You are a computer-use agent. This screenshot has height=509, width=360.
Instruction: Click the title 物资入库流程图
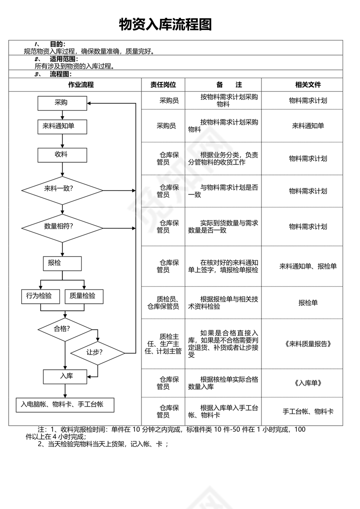pos(165,25)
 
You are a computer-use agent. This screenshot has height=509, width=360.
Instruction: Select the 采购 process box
pos(62,103)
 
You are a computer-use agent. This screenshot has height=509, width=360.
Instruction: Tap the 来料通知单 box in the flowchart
pos(62,126)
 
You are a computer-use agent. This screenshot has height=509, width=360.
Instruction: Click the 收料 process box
pos(62,154)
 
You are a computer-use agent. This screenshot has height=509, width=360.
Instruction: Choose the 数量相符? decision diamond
pos(62,227)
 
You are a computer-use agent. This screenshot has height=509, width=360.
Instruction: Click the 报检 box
pos(62,263)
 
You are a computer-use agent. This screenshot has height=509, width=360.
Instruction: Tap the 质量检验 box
pos(84,296)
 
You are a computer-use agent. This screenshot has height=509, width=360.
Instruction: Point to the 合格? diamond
pos(65,329)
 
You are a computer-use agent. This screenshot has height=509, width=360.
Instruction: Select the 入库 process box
pos(65,376)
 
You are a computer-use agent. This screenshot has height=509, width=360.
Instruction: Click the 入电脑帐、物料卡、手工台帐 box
pos(65,404)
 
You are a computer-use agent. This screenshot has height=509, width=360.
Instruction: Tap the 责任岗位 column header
pos(163,85)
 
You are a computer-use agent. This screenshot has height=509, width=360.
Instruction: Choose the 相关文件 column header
pos(308,85)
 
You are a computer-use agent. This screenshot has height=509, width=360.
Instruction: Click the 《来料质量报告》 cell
pos(308,344)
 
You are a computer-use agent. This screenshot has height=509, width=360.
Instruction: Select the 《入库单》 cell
pos(308,383)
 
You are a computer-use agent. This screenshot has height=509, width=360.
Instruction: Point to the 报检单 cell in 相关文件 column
pos(308,303)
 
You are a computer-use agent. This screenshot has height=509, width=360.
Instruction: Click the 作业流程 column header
pos(75,85)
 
